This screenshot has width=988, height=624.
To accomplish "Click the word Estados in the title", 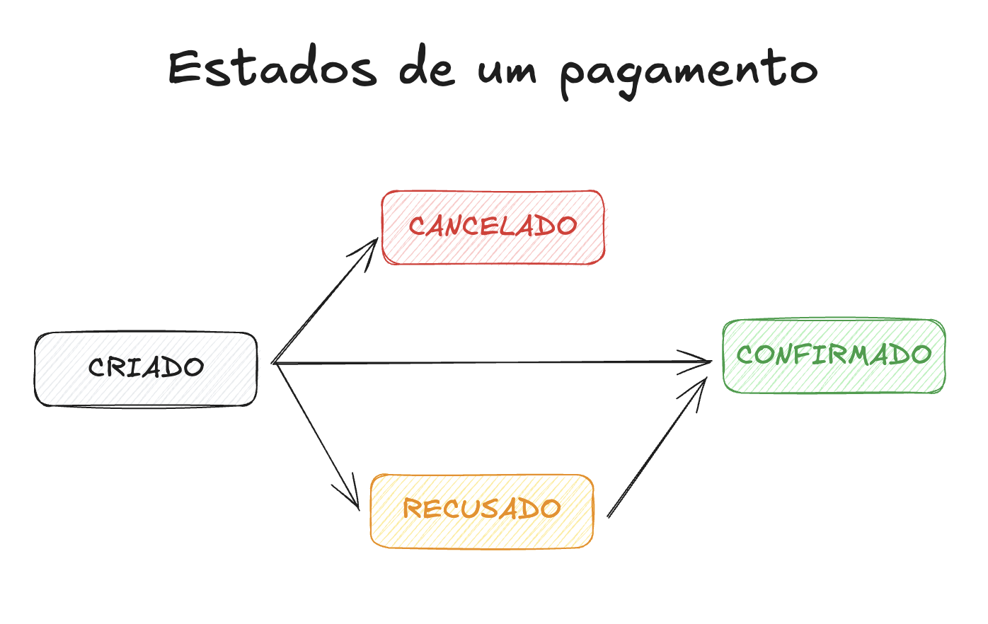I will (x=272, y=69).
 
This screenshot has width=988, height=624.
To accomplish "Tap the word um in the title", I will (x=507, y=71).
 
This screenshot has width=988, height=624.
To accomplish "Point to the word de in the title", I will (x=426, y=69).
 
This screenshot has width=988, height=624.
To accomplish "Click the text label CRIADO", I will (x=146, y=367).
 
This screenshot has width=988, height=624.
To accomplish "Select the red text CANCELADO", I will (x=493, y=226).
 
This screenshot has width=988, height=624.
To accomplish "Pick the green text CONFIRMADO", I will (x=834, y=354).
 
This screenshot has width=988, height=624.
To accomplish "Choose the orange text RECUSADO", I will (x=481, y=509).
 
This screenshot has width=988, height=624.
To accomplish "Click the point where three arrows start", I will (x=274, y=363).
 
